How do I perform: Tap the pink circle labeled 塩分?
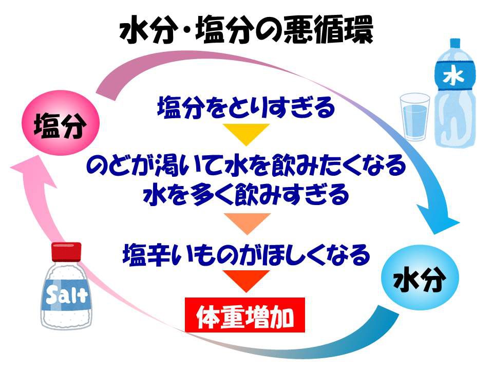[x=61, y=123]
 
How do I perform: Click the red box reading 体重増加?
[x=245, y=315]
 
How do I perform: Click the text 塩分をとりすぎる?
[x=246, y=107]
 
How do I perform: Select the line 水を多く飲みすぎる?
[x=246, y=195]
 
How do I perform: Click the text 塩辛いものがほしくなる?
[x=246, y=254]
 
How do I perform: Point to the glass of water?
[x=415, y=117]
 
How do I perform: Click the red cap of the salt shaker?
[x=66, y=251]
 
